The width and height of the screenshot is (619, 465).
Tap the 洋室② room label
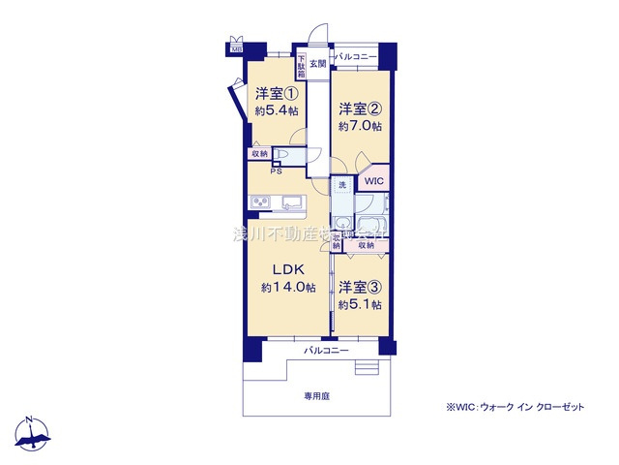360,110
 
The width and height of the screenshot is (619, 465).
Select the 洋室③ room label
360,288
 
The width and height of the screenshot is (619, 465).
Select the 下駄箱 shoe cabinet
302,67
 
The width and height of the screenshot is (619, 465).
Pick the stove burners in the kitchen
260,201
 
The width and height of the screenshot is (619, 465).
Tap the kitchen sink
291,201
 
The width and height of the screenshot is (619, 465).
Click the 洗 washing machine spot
341,185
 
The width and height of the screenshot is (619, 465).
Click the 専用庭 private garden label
316,397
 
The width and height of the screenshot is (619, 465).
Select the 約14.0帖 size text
289,288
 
